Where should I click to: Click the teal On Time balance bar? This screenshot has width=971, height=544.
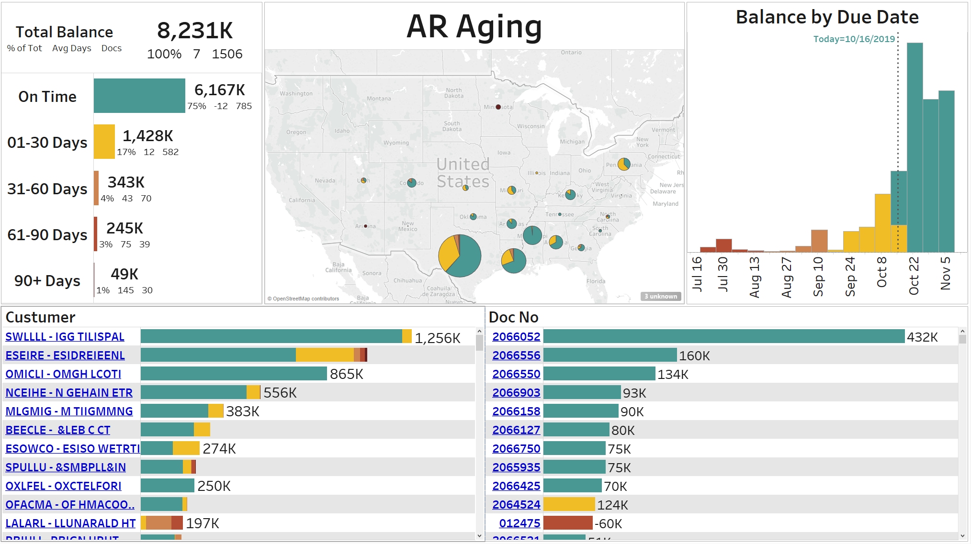click(139, 96)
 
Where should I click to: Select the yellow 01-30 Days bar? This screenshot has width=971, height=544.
click(104, 142)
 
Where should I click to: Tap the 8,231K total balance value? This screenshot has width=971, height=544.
click(195, 31)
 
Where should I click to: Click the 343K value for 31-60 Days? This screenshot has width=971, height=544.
click(126, 182)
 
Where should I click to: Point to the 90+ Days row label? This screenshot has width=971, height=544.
click(47, 281)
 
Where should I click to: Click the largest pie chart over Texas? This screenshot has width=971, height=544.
click(460, 256)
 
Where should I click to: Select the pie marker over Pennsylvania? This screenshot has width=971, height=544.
click(624, 164)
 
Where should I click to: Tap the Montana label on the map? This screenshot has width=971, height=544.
click(379, 99)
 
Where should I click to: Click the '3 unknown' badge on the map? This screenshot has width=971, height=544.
click(661, 297)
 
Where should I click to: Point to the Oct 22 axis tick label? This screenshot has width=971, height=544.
click(914, 276)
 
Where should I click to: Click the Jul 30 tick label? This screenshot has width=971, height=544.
click(723, 274)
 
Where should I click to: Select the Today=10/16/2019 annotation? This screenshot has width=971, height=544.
click(854, 39)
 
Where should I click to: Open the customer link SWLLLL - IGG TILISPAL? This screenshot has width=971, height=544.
click(65, 337)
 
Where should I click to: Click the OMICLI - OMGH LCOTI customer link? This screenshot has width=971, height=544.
click(63, 374)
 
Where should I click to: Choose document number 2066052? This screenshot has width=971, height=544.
click(516, 337)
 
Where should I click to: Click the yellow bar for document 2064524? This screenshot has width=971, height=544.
click(569, 504)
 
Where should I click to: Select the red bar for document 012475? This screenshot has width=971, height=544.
click(568, 523)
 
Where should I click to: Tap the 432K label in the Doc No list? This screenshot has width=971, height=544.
click(922, 337)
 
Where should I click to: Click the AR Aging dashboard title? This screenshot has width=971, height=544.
click(474, 27)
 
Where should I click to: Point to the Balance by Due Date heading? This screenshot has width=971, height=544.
click(827, 17)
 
